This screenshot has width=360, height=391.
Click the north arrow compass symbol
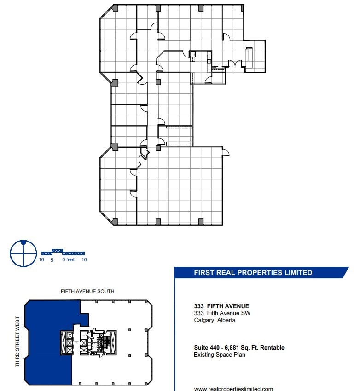click(x=23, y=253)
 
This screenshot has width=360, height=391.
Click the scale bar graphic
click(x=63, y=253)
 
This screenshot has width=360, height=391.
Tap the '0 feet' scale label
click(x=68, y=260)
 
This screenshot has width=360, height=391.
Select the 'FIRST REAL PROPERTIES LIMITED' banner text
click(x=253, y=273)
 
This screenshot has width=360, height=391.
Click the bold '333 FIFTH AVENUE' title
click(x=221, y=306)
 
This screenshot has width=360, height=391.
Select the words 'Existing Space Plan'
click(x=220, y=355)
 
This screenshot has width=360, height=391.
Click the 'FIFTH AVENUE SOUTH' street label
click(x=87, y=291)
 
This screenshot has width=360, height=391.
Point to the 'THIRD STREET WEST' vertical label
click(x=17, y=341)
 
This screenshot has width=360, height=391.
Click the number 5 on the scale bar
click(x=52, y=260)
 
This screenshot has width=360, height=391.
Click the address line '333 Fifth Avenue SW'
click(x=222, y=313)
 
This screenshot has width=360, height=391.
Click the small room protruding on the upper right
click(x=255, y=56)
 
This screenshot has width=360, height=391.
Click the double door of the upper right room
click(x=235, y=64)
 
